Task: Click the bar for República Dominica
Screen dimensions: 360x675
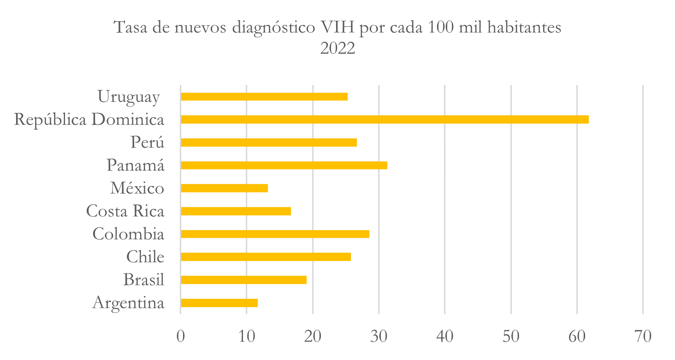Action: pos(385,119)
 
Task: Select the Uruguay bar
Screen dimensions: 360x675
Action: pos(264,96)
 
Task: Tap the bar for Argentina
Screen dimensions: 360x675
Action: pos(219,303)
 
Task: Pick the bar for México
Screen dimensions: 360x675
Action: pos(224,188)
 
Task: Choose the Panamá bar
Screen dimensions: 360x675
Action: pos(284,165)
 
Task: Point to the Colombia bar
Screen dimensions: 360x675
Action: pos(275,234)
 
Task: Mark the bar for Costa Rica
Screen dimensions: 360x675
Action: pos(236,211)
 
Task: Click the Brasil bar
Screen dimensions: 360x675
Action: pos(243,280)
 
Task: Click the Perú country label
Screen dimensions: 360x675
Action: pos(147,142)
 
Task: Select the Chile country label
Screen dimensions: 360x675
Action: pos(145,257)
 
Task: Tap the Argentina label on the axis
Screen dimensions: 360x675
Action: pos(128,303)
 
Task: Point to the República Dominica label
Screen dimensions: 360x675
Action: pos(89,119)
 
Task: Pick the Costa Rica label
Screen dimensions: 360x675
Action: pos(125,211)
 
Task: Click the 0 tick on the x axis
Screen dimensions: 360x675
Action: pos(181,336)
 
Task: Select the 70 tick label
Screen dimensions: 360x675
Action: pos(643,336)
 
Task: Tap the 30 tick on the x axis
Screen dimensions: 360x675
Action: pos(379,336)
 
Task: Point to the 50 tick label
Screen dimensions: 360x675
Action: pos(511,336)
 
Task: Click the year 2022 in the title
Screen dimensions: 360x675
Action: pos(337,48)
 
